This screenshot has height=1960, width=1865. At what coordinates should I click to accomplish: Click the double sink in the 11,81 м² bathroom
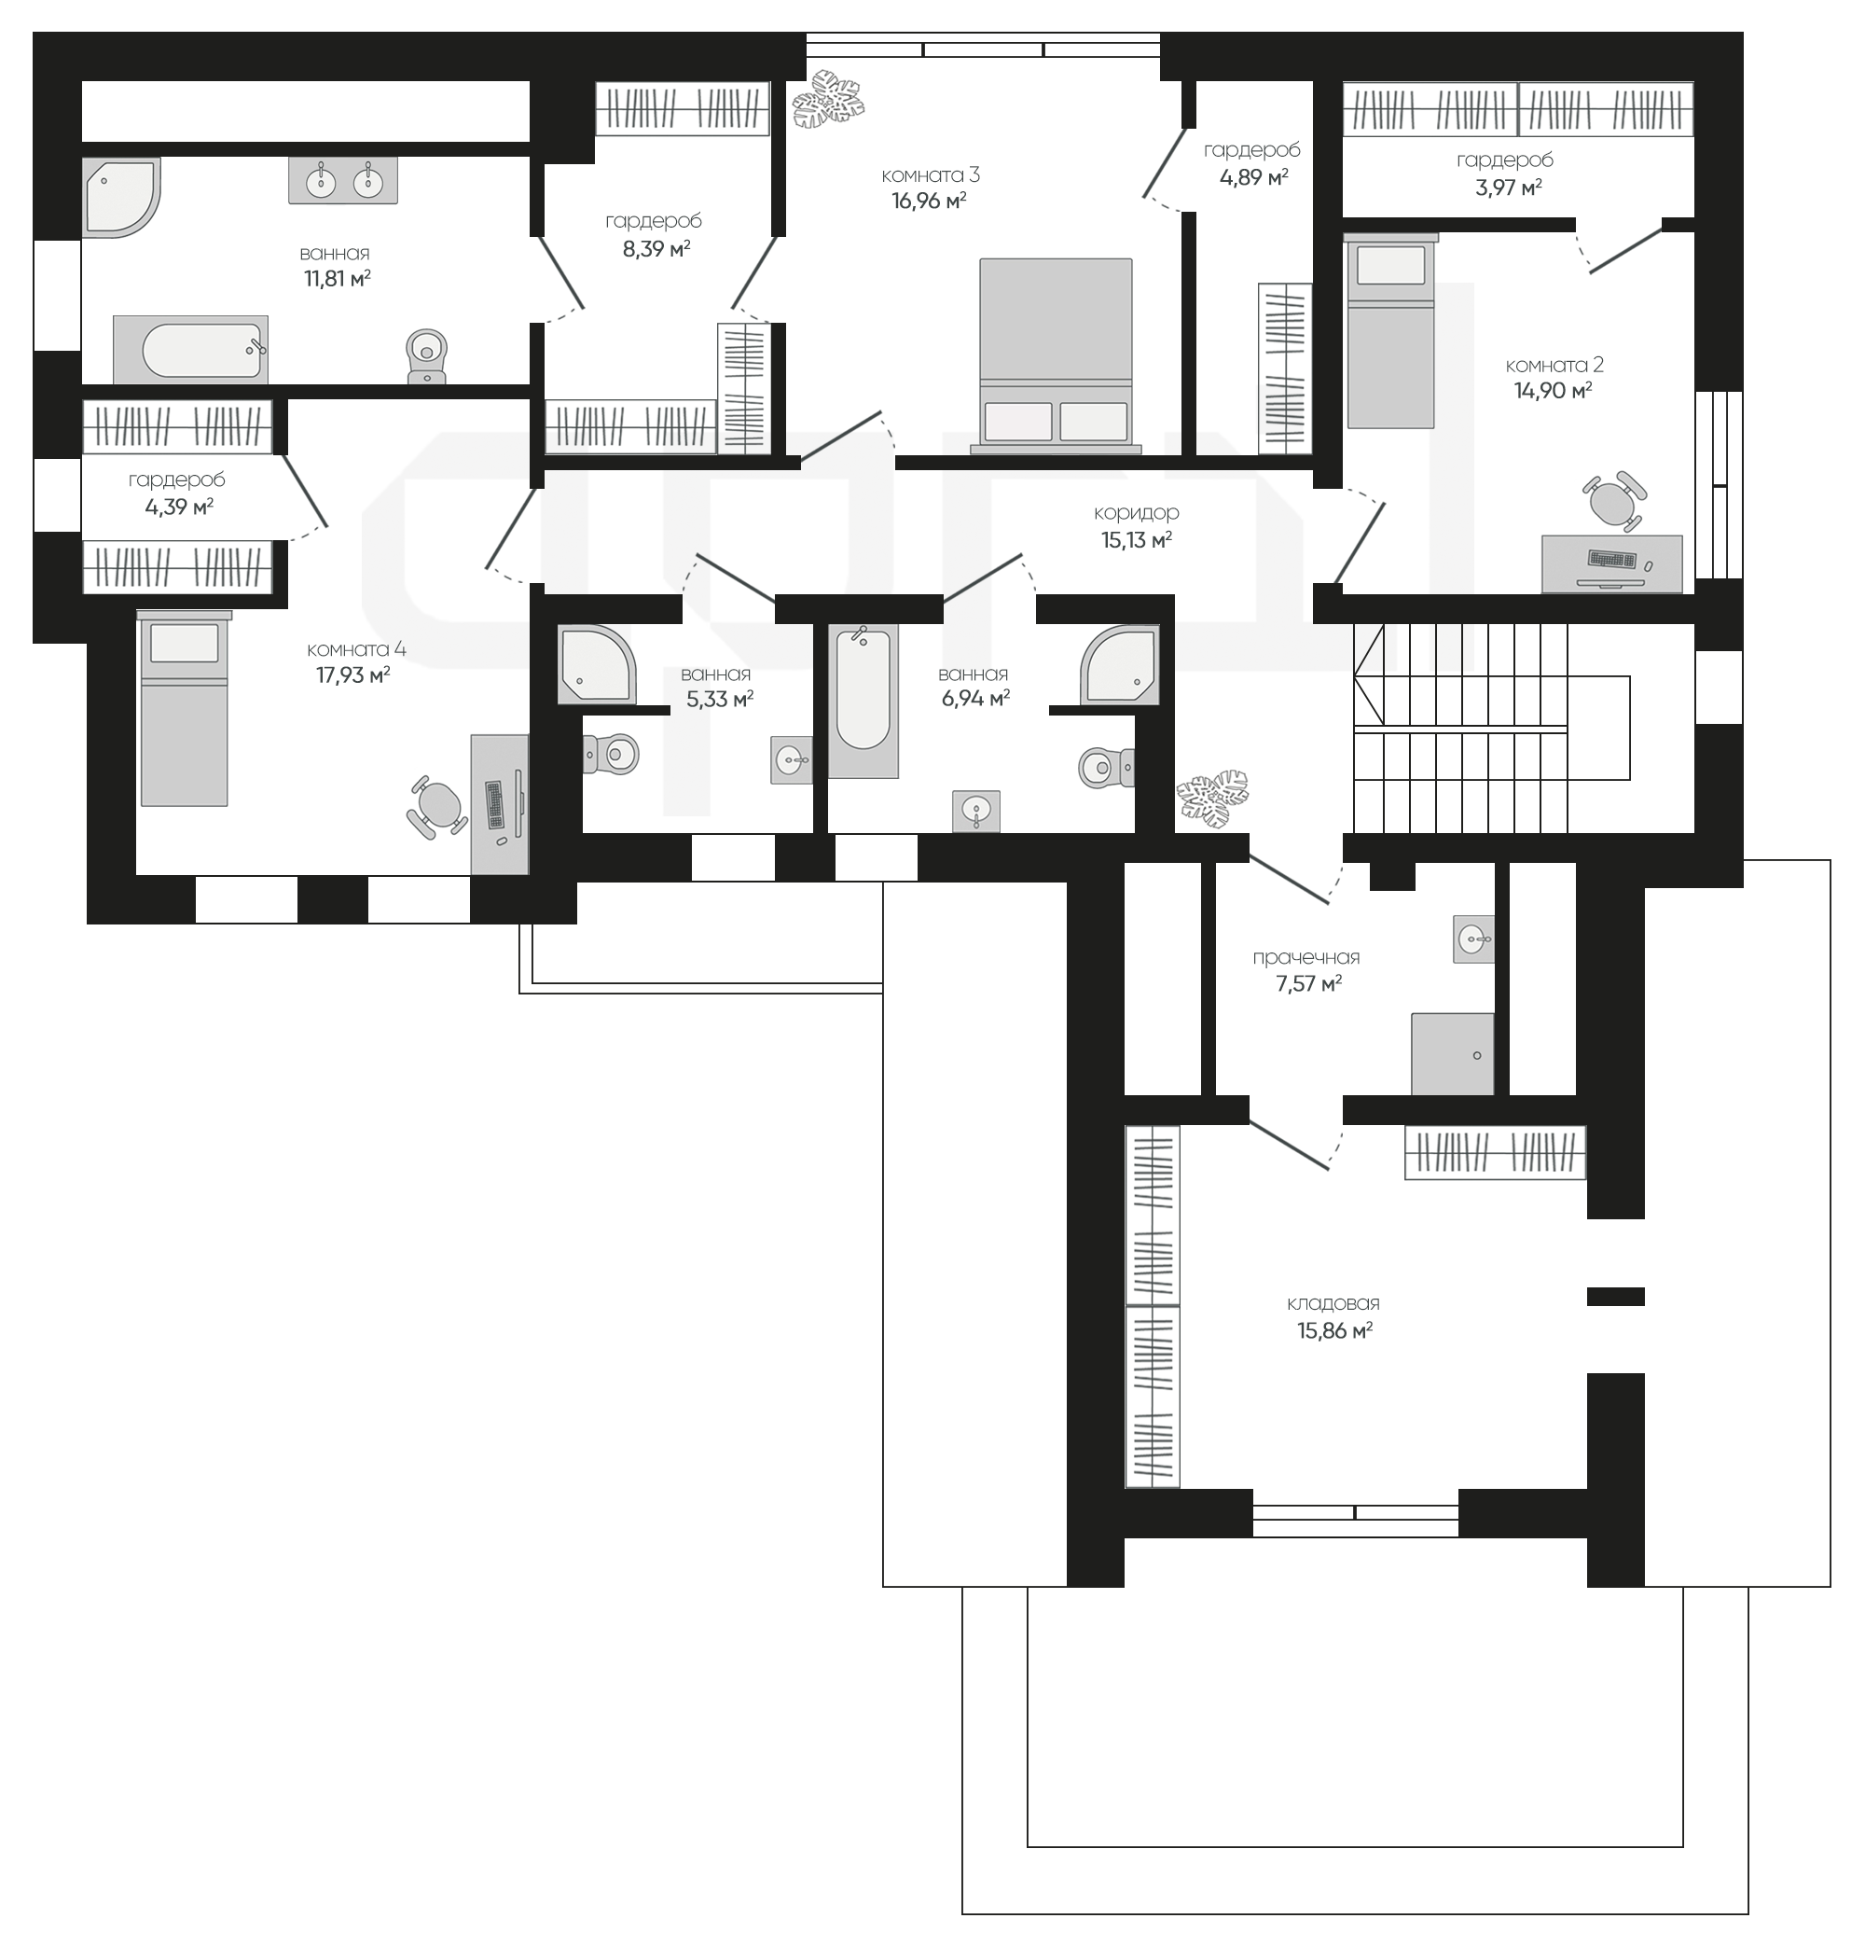[x=343, y=180]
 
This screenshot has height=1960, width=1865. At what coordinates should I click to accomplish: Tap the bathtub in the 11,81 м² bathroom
[x=190, y=349]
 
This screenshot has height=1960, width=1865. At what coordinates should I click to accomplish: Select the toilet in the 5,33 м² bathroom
[x=610, y=754]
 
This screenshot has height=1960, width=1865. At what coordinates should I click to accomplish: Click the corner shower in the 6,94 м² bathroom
[x=1119, y=664]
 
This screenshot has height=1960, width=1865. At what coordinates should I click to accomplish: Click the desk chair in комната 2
[x=1612, y=500]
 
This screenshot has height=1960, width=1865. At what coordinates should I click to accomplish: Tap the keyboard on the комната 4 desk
[x=494, y=804]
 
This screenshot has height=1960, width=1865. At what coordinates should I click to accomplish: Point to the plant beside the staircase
[x=1212, y=797]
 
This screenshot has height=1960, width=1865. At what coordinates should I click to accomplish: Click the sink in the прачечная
[x=1473, y=938]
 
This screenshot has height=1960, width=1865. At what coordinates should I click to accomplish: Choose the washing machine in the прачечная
[x=1453, y=1054]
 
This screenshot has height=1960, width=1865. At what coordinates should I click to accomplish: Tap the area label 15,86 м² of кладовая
[x=1334, y=1329]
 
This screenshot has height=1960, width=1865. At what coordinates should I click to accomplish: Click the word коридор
[x=1137, y=512]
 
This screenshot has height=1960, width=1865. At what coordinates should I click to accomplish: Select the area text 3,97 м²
[x=1508, y=186]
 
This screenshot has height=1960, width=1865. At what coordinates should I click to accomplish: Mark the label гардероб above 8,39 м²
[x=653, y=221]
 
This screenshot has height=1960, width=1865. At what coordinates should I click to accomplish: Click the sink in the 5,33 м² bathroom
[x=792, y=760]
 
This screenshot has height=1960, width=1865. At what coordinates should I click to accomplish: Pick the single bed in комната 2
[x=1390, y=330]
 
